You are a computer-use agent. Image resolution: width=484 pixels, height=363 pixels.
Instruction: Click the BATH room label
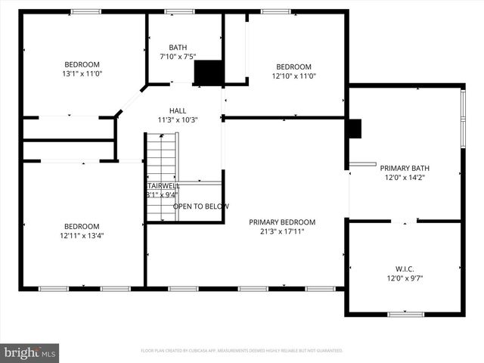click(178, 47)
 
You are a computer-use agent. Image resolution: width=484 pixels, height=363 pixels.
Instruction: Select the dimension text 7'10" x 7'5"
click(178, 57)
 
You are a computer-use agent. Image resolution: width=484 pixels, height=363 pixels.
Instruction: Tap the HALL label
click(178, 110)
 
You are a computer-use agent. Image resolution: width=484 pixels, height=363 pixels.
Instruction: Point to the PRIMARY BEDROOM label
click(282, 222)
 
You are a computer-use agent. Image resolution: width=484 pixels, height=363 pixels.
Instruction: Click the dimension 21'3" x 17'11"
click(282, 232)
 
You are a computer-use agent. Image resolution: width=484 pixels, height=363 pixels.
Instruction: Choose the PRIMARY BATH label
click(405, 168)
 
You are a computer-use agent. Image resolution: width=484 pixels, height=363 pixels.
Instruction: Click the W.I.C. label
click(405, 268)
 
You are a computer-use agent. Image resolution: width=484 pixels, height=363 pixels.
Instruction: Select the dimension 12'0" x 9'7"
click(405, 278)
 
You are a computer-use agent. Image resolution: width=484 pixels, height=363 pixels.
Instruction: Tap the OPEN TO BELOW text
click(201, 206)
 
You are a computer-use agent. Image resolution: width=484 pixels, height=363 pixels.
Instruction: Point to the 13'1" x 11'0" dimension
click(82, 75)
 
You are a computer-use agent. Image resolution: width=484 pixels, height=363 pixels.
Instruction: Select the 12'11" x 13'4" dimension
click(82, 236)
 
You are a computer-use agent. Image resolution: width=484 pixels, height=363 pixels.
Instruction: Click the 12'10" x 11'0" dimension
click(293, 76)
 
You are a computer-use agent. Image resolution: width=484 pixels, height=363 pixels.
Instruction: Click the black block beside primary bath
click(354, 129)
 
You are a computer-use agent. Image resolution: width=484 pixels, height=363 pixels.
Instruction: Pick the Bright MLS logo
click(30, 352)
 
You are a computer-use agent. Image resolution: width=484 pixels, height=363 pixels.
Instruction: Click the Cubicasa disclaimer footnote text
click(242, 351)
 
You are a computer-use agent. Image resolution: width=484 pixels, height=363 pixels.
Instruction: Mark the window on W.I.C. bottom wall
click(405, 314)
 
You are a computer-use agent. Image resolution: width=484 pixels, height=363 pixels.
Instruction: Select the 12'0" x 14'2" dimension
click(405, 178)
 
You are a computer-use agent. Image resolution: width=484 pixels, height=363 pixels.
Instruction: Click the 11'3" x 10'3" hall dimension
click(178, 119)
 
